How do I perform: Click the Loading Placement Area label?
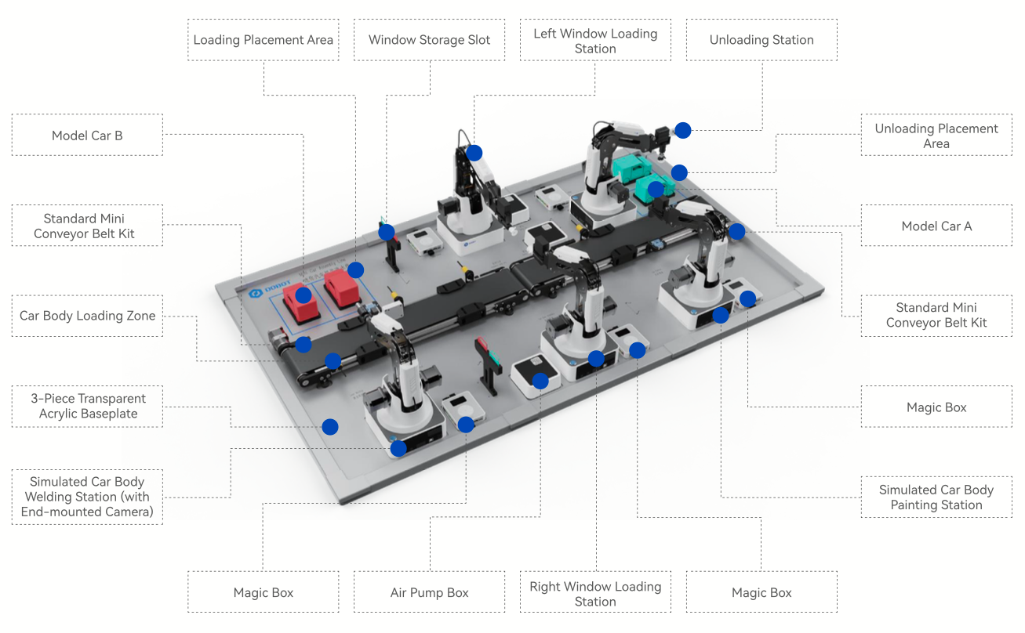click(x=264, y=40)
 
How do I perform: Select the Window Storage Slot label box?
click(x=429, y=40)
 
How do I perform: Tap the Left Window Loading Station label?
click(x=595, y=41)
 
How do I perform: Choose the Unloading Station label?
click(x=761, y=40)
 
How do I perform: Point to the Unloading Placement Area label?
click(x=936, y=136)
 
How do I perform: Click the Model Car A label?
click(x=936, y=226)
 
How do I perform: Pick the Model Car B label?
click(x=87, y=136)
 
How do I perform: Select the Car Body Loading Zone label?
click(x=87, y=316)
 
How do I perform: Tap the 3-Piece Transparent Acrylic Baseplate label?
click(x=87, y=406)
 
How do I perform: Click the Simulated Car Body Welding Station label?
click(x=87, y=497)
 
